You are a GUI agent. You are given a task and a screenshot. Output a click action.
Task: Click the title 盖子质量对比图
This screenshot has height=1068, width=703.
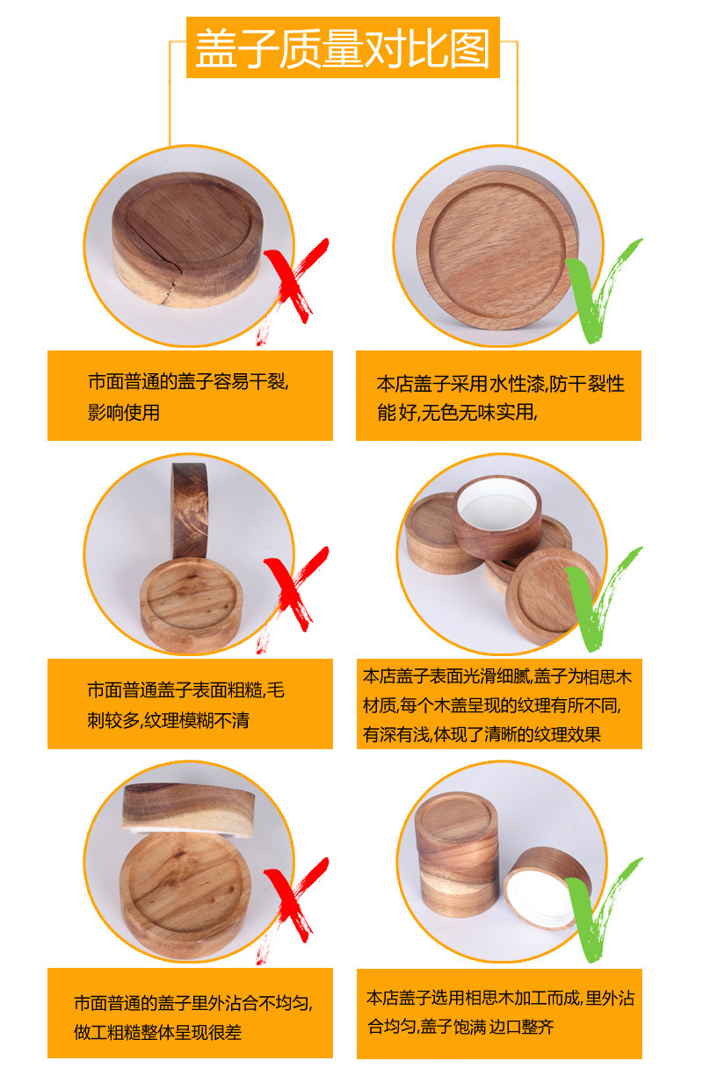(x=343, y=47)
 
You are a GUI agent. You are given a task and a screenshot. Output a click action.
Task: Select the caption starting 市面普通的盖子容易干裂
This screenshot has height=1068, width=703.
(x=188, y=397)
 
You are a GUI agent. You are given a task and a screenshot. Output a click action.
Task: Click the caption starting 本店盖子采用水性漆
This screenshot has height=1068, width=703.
(x=500, y=398)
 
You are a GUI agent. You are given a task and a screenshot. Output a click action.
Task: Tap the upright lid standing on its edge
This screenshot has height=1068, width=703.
(x=190, y=510)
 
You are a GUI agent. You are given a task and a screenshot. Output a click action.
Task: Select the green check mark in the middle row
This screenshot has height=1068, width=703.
(x=602, y=599)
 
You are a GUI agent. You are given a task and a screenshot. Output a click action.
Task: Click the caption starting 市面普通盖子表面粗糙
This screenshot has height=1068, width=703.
(x=186, y=705)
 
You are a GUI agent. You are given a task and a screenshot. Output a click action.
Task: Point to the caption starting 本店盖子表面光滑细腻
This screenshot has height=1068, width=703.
(x=497, y=704)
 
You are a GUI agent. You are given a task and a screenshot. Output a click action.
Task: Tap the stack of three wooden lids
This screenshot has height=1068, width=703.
(x=456, y=854)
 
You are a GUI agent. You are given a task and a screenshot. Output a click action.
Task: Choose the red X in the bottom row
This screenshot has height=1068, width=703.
(x=292, y=905)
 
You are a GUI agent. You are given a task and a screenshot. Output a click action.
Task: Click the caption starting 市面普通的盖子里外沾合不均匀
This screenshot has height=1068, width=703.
(x=193, y=1018)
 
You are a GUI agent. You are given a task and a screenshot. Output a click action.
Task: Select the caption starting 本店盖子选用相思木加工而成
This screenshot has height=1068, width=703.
(x=500, y=1012)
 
